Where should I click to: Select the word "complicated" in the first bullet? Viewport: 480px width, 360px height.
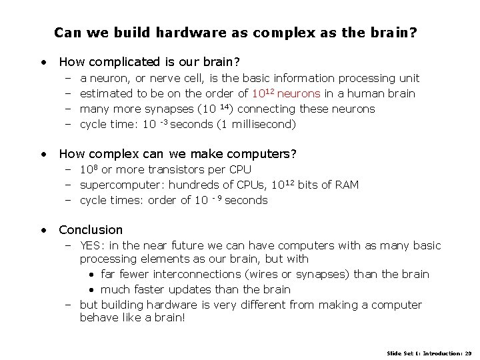(x=127, y=63)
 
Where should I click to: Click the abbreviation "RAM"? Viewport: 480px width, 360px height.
(x=345, y=185)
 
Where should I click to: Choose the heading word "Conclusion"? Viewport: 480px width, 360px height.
(x=91, y=229)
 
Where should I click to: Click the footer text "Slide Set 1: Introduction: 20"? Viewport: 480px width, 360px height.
(x=429, y=352)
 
